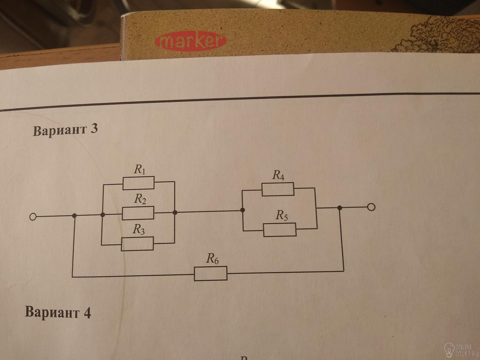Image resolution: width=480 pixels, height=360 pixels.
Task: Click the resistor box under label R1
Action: tap(138, 183)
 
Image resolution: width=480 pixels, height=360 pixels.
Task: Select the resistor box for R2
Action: tap(138, 213)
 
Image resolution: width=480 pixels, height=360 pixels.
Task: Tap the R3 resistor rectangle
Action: tap(137, 244)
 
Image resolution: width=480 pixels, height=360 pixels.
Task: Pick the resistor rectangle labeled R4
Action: tap(278, 189)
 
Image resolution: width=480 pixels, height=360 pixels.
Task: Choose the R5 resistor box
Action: tap(280, 229)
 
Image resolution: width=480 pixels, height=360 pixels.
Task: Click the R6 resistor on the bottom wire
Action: tap(211, 274)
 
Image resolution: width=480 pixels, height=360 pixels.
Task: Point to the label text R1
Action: tap(140, 169)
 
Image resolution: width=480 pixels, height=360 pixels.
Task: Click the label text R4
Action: tap(278, 175)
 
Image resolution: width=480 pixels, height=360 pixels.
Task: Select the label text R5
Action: tap(282, 215)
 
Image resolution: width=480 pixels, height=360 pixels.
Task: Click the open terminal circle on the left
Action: tap(33, 217)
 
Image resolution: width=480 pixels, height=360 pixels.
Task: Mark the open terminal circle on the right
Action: tap(371, 207)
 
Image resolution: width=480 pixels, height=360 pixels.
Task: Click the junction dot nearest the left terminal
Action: tap(75, 216)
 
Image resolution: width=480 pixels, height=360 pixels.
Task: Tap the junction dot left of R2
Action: tap(103, 215)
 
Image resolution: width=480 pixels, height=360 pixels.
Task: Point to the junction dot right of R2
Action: tap(175, 212)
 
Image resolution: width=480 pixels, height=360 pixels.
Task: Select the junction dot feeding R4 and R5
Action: tap(243, 210)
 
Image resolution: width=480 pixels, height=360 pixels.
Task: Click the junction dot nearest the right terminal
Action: tap(340, 208)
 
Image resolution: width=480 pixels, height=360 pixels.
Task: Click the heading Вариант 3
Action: tap(65, 130)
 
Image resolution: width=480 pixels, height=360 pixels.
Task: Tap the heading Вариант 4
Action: tap(58, 312)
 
